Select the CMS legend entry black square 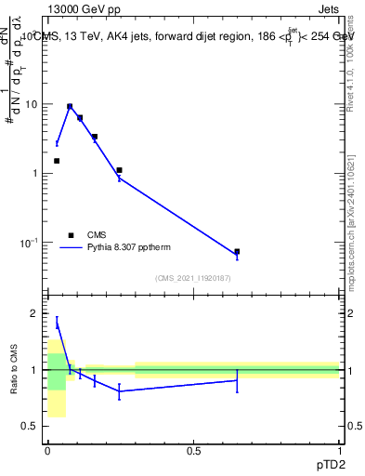pyautogui.click(x=71, y=235)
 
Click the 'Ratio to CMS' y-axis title pyautogui.click(x=14, y=370)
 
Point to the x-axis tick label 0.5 pyautogui.click(x=193, y=451)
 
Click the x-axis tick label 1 pyautogui.click(x=339, y=451)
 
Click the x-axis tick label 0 pyautogui.click(x=47, y=451)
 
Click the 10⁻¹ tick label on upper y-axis pyautogui.click(x=31, y=242)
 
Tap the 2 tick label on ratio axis pyautogui.click(x=36, y=314)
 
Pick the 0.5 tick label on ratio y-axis pyautogui.click(x=33, y=426)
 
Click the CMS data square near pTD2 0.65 pyautogui.click(x=237, y=252)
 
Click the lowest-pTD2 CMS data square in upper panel pyautogui.click(x=57, y=161)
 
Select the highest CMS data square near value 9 pyautogui.click(x=69, y=107)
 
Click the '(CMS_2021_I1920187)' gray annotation pyautogui.click(x=193, y=278)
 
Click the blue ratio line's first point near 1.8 pyautogui.click(x=57, y=323)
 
